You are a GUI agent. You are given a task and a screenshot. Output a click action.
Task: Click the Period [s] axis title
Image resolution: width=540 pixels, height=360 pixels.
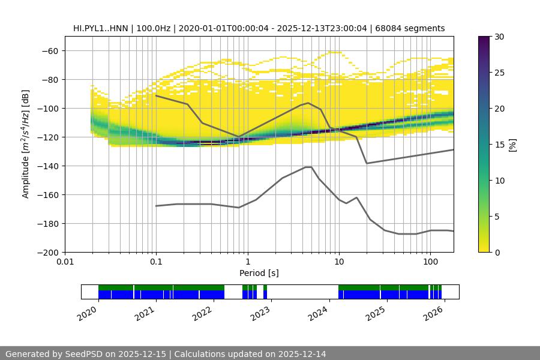[259, 274]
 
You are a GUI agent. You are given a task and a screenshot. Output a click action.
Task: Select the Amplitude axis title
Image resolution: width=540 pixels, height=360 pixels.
[26, 144]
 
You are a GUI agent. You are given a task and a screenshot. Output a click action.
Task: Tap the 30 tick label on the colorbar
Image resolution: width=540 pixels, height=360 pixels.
[499, 37]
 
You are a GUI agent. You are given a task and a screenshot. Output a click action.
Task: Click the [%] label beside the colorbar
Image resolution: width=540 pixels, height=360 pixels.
[512, 144]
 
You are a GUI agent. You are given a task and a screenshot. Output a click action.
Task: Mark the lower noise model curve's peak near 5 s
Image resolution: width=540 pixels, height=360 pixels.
[308, 167]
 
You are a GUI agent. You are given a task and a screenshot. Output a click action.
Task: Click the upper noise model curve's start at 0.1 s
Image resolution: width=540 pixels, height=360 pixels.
[156, 95]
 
